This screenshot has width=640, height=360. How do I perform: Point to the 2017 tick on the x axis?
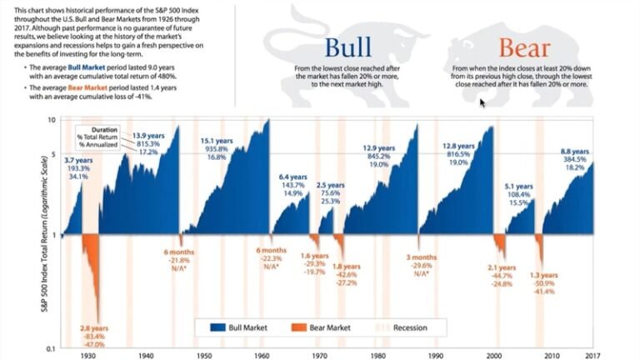click(x=592, y=354)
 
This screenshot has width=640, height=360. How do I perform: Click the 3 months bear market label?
click(x=422, y=257)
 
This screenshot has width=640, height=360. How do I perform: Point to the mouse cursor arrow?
click(x=482, y=102)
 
